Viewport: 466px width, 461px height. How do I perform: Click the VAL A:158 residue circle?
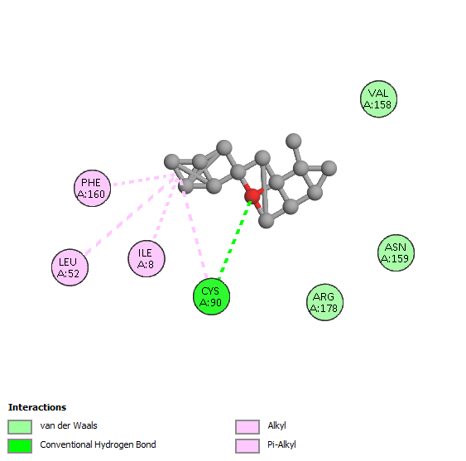click(x=378, y=99)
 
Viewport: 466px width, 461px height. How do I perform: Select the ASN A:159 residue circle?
click(x=396, y=252)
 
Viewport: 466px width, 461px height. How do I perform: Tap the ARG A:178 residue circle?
click(x=324, y=302)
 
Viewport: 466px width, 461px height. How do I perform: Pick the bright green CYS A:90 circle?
click(x=211, y=296)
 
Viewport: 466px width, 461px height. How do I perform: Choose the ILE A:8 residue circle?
click(x=147, y=258)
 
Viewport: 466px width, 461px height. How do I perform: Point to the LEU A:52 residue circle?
click(x=70, y=267)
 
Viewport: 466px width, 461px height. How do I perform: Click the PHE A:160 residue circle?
click(x=92, y=188)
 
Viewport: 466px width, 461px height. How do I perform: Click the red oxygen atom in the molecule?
click(x=252, y=195)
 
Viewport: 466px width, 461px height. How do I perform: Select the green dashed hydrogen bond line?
click(x=235, y=240)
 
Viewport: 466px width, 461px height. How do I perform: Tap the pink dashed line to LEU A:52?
click(x=130, y=215)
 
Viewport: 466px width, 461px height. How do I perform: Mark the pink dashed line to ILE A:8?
click(x=166, y=209)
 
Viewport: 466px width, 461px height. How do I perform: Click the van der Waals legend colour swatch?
click(x=20, y=427)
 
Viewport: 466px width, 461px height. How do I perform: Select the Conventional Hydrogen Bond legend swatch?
click(x=20, y=446)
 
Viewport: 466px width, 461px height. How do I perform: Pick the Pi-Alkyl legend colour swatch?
click(x=247, y=446)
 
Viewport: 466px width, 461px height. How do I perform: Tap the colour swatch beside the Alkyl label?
click(x=247, y=427)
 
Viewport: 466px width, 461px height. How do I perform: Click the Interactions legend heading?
click(x=37, y=407)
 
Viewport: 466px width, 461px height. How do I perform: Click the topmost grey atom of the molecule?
click(x=293, y=141)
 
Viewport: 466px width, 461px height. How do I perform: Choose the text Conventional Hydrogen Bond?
click(x=98, y=444)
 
